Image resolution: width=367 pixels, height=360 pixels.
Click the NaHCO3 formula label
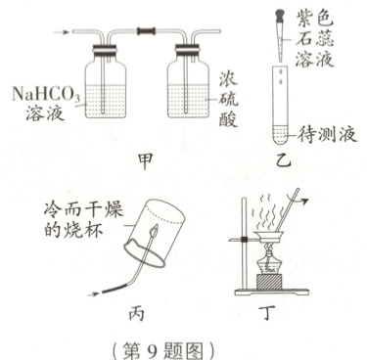pyautogui.click(x=46, y=94)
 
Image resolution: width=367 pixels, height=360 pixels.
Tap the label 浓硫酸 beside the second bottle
pyautogui.click(x=228, y=101)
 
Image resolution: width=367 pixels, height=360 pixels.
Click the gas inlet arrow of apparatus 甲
pyautogui.click(x=62, y=32)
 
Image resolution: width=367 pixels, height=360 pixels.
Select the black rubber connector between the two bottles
pyautogui.click(x=147, y=31)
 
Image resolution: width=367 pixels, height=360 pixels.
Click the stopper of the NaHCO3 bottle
pyautogui.click(x=106, y=50)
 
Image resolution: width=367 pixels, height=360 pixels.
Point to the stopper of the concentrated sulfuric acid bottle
pyautogui.click(x=188, y=50)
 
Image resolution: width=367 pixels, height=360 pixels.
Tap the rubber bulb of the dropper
pyautogui.click(x=280, y=15)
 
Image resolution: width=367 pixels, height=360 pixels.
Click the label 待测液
pyautogui.click(x=327, y=135)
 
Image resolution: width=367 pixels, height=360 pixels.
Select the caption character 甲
pyautogui.click(x=145, y=162)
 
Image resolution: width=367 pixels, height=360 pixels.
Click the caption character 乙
pyautogui.click(x=283, y=159)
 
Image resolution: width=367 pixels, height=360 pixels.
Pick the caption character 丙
pyautogui.click(x=136, y=314)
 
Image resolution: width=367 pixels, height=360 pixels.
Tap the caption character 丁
pyautogui.click(x=268, y=314)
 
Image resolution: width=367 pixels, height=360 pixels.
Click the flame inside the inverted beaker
pyautogui.click(x=154, y=232)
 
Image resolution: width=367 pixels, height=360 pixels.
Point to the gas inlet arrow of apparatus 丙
pyautogui.click(x=94, y=294)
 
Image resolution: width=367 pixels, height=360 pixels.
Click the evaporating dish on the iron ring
pyautogui.click(x=268, y=236)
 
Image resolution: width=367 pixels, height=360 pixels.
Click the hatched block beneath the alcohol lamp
pyautogui.click(x=268, y=282)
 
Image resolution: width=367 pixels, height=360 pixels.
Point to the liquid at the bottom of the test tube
pyautogui.click(x=280, y=135)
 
